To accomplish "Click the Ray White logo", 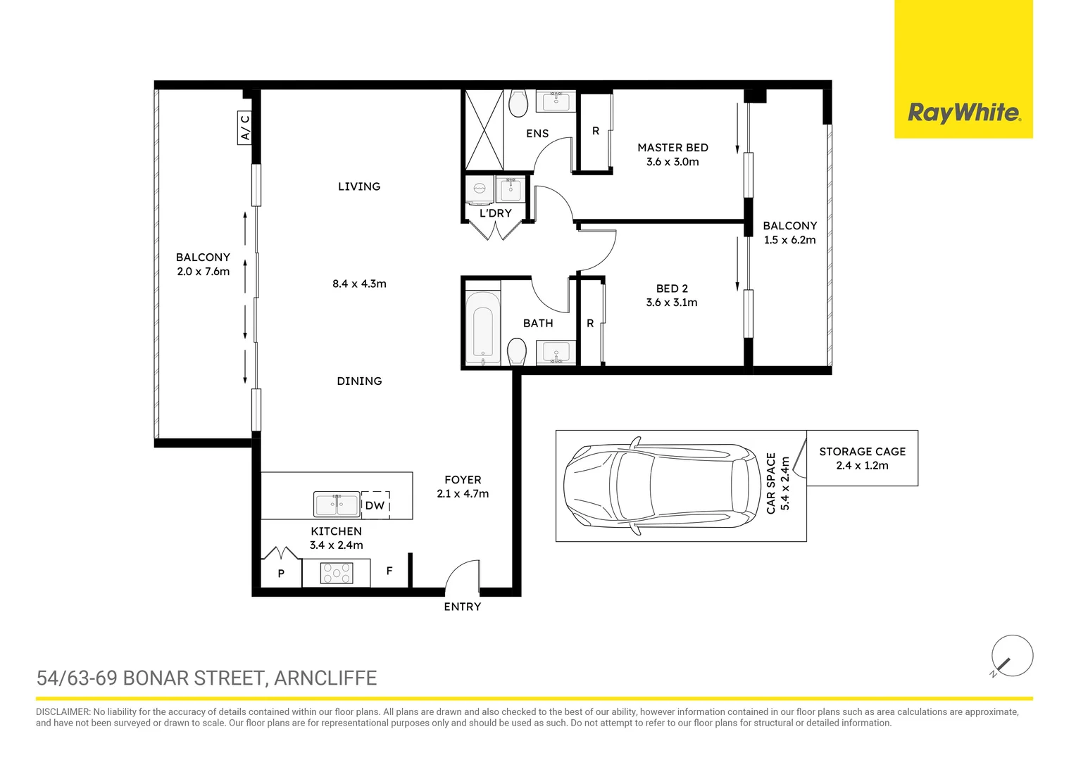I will click(963, 113).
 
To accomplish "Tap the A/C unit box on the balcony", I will click(245, 128).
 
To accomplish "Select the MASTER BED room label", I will click(672, 148).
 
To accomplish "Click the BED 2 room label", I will click(672, 289).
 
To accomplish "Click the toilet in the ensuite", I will click(518, 103).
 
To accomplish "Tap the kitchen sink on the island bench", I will click(336, 505).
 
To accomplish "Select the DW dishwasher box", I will click(375, 505).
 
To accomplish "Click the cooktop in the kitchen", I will click(336, 574).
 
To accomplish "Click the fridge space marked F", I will click(389, 571).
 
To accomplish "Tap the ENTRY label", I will click(462, 607).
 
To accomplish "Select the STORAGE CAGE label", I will click(862, 452).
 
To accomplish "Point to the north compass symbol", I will click(1011, 657).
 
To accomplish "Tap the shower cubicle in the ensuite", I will click(484, 130).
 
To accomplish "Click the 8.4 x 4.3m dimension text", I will click(359, 284).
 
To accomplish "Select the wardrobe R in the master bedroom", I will click(595, 132).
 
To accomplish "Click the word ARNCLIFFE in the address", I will click(325, 678).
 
